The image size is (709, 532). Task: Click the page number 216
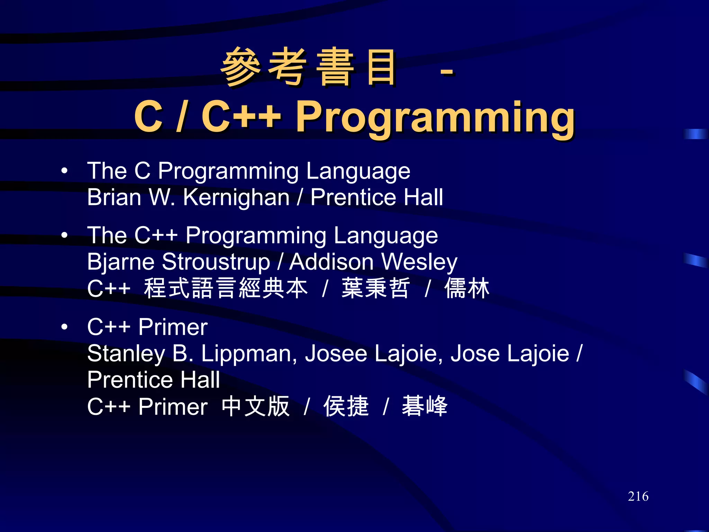click(x=638, y=496)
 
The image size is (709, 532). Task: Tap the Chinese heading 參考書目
click(x=308, y=67)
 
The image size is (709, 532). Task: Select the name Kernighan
click(x=236, y=197)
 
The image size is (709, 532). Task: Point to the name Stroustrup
click(x=216, y=262)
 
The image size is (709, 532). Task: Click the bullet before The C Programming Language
click(x=64, y=171)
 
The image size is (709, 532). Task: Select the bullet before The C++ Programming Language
click(x=64, y=236)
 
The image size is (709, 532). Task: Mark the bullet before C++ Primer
click(x=64, y=327)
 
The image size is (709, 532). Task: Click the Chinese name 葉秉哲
click(x=376, y=288)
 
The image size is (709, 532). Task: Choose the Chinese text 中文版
click(x=255, y=406)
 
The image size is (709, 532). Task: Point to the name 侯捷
click(x=346, y=406)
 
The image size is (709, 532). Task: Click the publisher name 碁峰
click(x=424, y=406)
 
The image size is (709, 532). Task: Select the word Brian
click(x=114, y=197)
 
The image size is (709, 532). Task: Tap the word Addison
click(x=332, y=262)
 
